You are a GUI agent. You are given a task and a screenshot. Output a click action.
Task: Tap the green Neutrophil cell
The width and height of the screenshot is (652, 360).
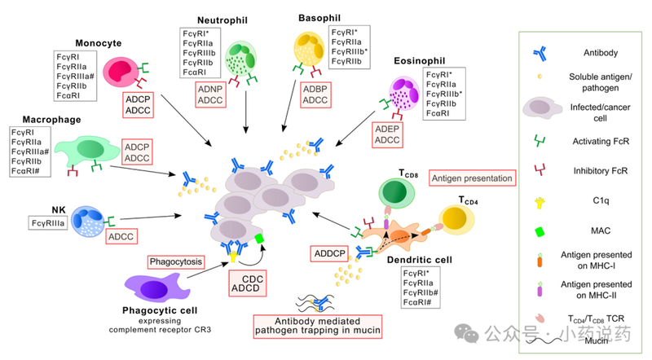242,59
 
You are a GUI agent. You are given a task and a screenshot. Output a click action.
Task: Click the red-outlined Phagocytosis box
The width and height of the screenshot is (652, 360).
174,262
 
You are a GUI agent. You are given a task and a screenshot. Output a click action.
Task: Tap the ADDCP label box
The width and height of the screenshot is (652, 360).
328,254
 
